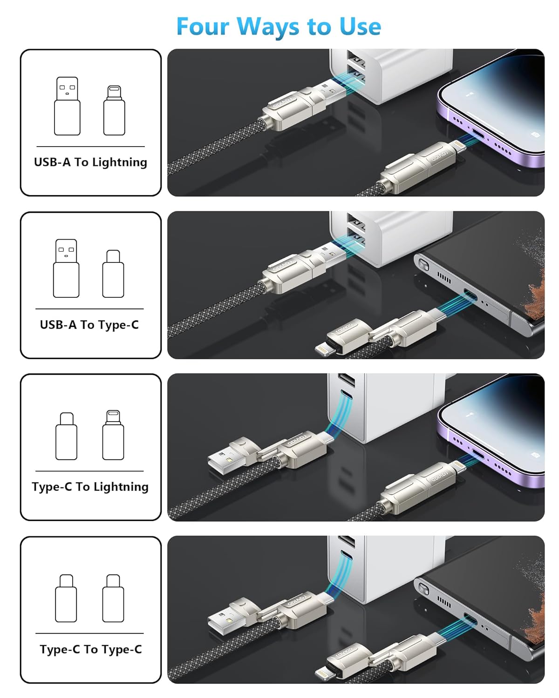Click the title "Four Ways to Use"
[279, 27]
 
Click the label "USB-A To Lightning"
[90, 162]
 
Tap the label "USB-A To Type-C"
[89, 324]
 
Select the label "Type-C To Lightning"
[90, 487]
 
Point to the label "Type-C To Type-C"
[90, 649]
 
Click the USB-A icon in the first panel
[67, 106]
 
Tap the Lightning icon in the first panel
[114, 110]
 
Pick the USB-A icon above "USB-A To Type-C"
[66, 268]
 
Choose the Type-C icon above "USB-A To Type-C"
[113, 274]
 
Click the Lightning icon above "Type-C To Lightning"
[113, 435]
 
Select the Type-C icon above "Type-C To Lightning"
[66, 436]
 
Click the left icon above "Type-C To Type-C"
[66, 598]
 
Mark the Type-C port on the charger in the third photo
[345, 396]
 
